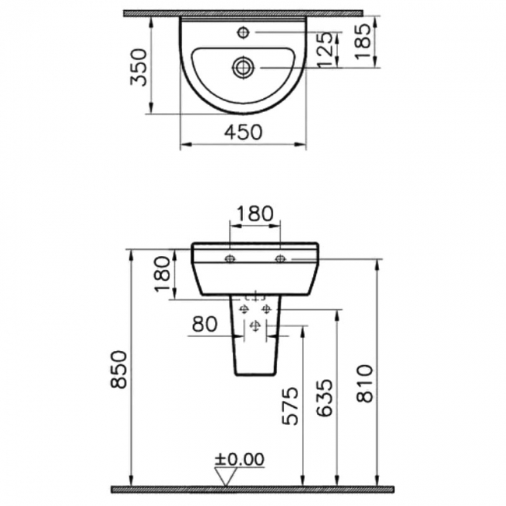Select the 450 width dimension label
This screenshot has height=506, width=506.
(x=243, y=132)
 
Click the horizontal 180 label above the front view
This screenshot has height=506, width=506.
(x=253, y=213)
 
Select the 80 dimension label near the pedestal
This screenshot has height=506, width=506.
(x=205, y=322)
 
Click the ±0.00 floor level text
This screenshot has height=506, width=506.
(x=240, y=459)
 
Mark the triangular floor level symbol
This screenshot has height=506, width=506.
(x=227, y=476)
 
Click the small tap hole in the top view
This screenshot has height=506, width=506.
(x=243, y=32)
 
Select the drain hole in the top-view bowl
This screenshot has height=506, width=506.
(x=243, y=68)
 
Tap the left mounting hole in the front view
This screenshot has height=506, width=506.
(x=230, y=258)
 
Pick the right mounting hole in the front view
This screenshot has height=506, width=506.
(x=279, y=258)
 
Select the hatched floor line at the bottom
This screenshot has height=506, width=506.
(x=252, y=490)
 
